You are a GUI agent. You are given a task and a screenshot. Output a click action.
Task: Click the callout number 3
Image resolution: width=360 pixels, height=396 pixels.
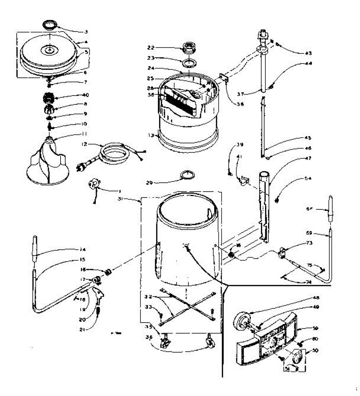[86, 32]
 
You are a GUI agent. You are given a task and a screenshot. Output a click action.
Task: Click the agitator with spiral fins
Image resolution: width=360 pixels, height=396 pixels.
[48, 163]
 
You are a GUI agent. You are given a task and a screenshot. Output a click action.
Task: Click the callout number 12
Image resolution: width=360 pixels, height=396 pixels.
[84, 144]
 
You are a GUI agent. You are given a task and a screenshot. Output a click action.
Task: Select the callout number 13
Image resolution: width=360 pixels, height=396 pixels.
[151, 135]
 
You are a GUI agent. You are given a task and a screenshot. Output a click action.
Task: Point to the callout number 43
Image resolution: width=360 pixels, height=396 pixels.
[308, 53]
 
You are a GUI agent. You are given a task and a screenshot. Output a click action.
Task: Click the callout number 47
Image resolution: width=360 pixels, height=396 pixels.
[308, 158]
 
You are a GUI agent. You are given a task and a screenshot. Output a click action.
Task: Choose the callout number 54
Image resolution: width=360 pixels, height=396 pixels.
[308, 179]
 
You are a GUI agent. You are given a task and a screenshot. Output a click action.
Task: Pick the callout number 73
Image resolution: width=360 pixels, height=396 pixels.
[309, 243]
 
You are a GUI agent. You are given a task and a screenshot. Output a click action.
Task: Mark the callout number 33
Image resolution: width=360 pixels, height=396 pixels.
[148, 307]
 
